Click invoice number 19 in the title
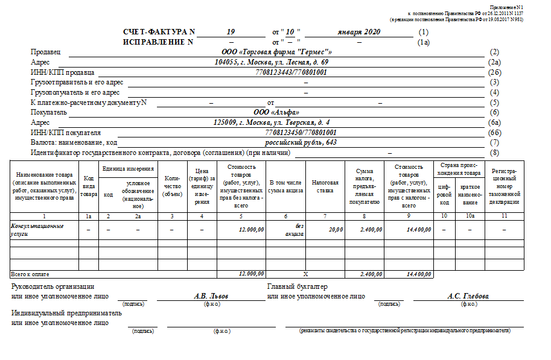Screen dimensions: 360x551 click(x=231, y=31)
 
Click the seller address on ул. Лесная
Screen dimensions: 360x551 click(x=272, y=62)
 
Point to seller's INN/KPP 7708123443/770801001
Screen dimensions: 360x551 click(x=291, y=72)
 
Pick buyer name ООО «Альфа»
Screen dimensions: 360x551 click(x=276, y=112)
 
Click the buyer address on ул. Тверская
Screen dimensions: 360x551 click(x=272, y=122)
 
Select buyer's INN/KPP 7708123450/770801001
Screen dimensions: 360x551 click(x=301, y=133)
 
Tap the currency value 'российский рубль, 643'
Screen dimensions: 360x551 click(x=301, y=143)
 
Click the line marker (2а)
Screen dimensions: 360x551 click(x=495, y=62)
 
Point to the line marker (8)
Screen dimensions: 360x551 click(x=495, y=153)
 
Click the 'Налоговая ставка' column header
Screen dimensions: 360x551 click(x=325, y=186)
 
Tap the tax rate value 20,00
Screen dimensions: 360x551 click(x=336, y=230)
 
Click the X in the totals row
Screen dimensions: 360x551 click(x=305, y=274)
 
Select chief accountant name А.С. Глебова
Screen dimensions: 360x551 click(x=468, y=296)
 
